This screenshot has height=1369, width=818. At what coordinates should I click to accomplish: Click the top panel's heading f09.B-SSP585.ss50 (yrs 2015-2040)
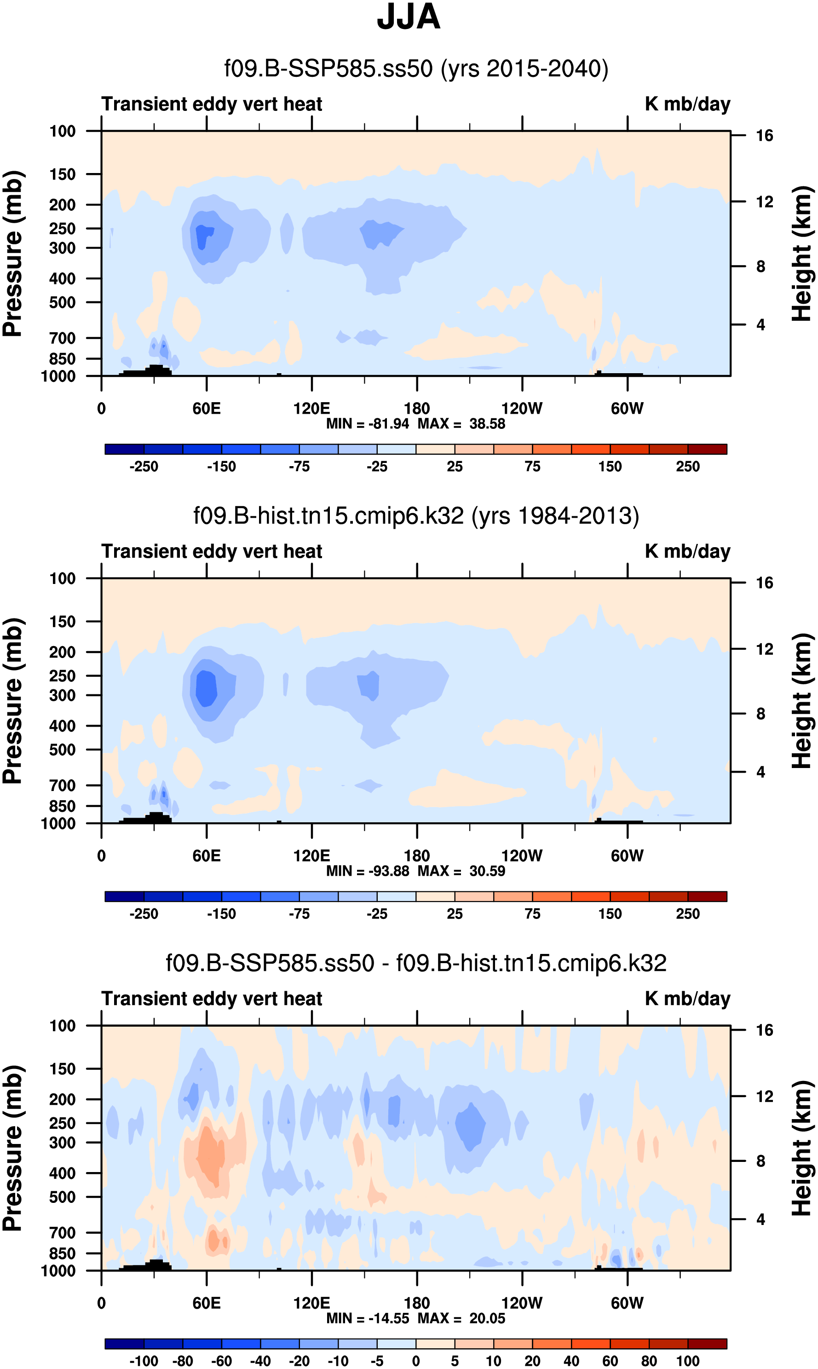click(x=416, y=69)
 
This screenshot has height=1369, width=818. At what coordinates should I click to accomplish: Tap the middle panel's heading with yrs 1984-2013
click(x=416, y=516)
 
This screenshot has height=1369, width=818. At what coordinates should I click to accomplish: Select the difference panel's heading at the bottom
click(x=416, y=963)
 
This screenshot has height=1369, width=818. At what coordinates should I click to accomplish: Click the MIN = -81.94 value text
click(x=367, y=424)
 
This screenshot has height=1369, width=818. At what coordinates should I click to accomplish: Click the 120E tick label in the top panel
click(x=311, y=409)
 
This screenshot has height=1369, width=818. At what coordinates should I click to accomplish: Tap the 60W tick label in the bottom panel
click(x=627, y=1303)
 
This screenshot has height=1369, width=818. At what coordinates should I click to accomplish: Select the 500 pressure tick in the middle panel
click(x=62, y=750)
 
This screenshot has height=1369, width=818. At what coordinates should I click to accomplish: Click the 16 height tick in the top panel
click(x=764, y=136)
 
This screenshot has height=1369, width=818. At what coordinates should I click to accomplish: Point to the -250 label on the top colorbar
click(x=144, y=467)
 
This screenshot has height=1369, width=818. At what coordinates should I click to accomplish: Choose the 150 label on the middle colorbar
click(x=610, y=913)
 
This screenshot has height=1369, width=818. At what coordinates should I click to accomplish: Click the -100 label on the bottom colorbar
click(x=144, y=1361)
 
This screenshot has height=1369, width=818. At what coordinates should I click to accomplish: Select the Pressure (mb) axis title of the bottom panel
click(x=12, y=1149)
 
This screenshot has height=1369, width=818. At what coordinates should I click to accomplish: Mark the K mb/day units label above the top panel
click(x=687, y=104)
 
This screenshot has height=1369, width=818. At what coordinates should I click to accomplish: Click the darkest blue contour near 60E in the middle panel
click(x=206, y=687)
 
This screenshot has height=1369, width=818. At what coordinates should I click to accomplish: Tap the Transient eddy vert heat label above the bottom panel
click(x=212, y=999)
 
